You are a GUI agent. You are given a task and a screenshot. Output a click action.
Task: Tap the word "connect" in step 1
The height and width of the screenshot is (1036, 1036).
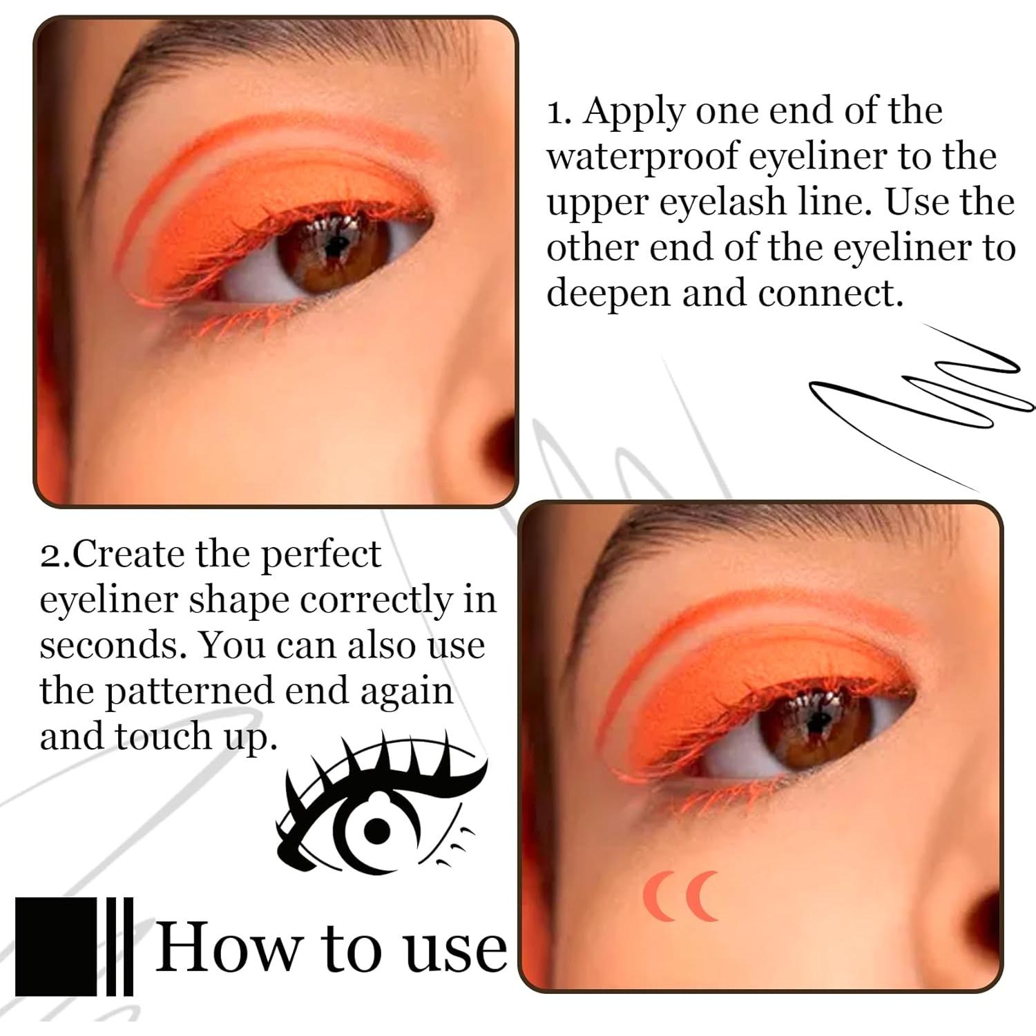point(829,294)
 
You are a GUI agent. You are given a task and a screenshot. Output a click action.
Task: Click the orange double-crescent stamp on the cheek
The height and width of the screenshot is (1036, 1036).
point(681,896)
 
